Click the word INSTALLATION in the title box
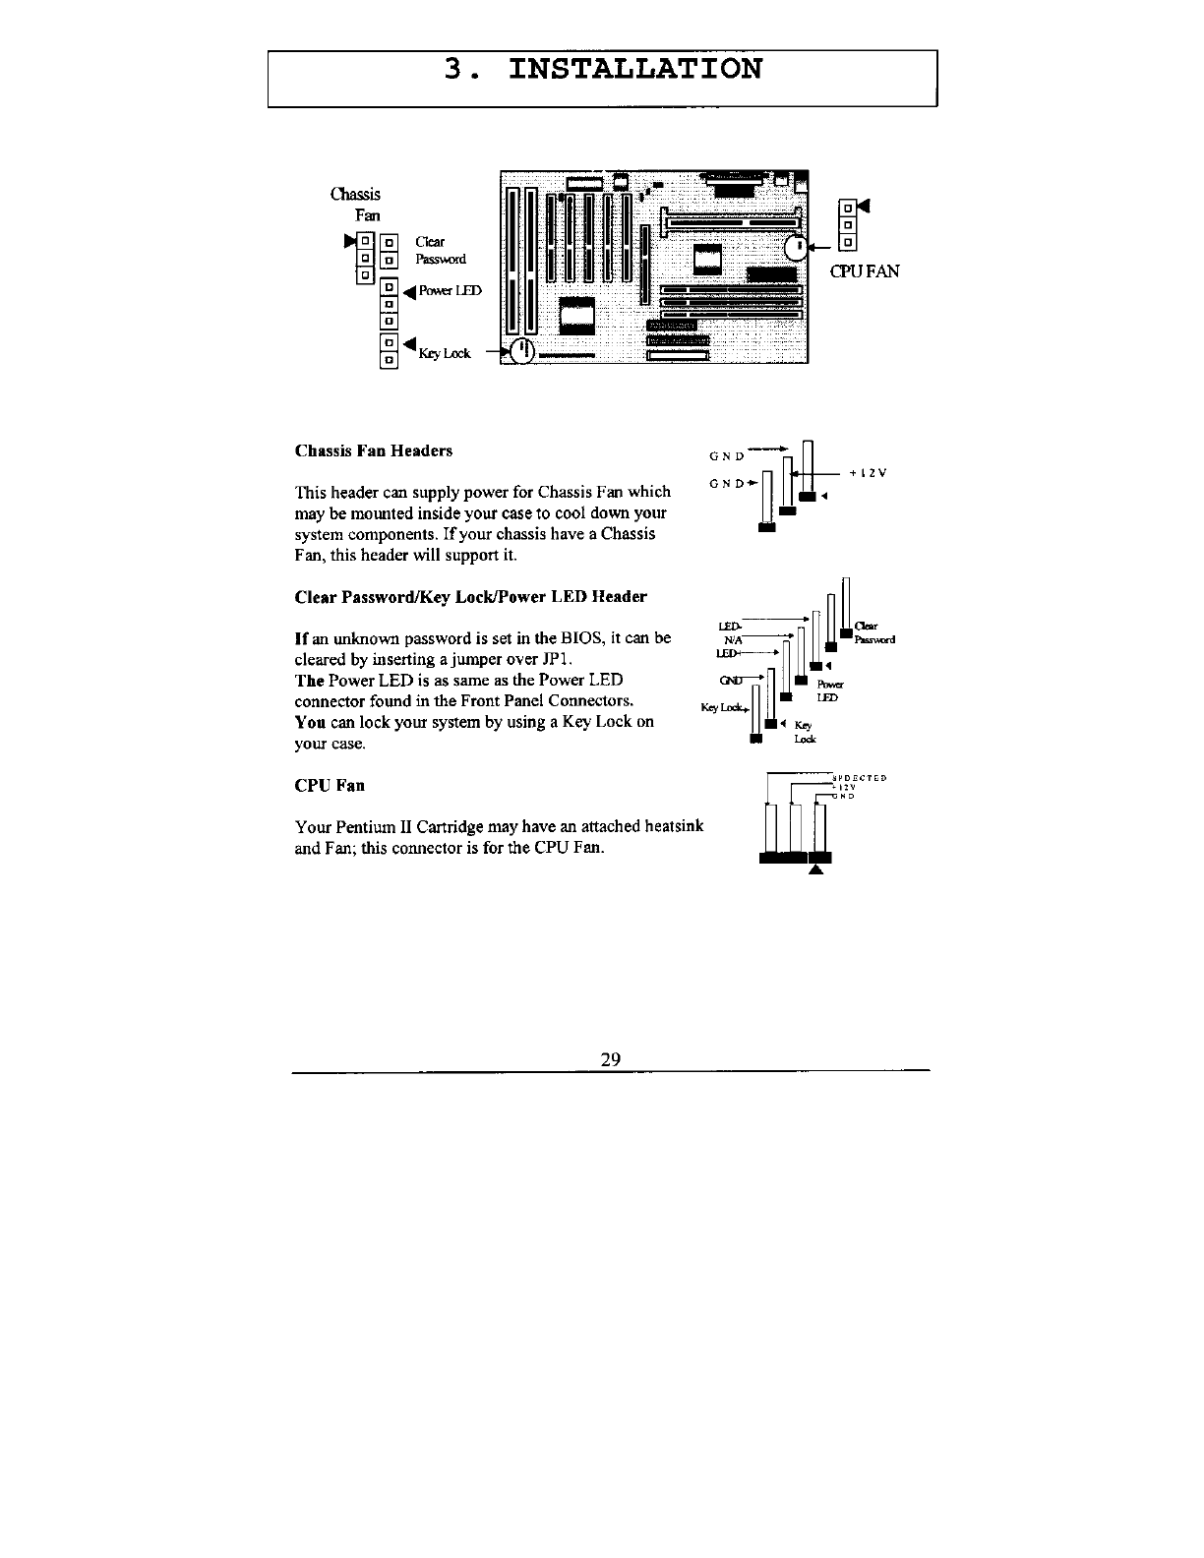point(633,70)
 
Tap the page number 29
point(610,1059)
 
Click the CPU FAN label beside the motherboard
point(865,271)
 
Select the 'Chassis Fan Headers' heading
point(374,451)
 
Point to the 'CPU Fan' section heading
point(330,786)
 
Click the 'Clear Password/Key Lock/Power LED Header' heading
point(470,597)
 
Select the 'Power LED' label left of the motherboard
point(450,291)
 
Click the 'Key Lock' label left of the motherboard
point(444,354)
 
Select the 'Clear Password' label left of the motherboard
point(439,251)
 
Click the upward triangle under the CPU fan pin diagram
point(813,869)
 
